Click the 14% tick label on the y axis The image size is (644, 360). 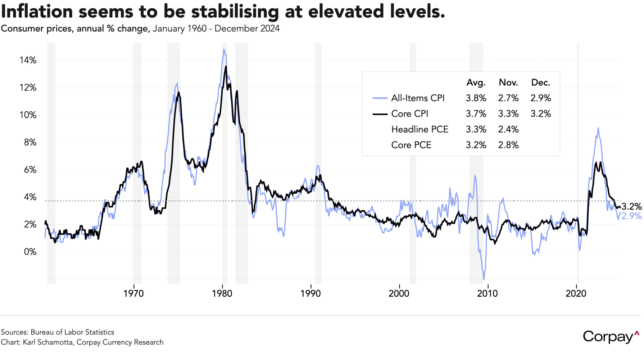pyautogui.click(x=28, y=60)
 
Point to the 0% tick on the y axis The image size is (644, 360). pyautogui.click(x=30, y=252)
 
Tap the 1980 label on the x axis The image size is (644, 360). pyautogui.click(x=222, y=293)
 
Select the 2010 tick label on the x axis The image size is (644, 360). pyautogui.click(x=487, y=293)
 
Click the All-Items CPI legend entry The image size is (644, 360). pyautogui.click(x=418, y=98)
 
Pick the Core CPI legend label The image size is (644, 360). pyautogui.click(x=410, y=114)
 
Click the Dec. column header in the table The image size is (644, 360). pyautogui.click(x=541, y=82)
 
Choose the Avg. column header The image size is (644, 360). pyautogui.click(x=476, y=82)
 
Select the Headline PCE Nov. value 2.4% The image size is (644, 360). pyautogui.click(x=508, y=129)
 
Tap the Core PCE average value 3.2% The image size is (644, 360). pyautogui.click(x=476, y=145)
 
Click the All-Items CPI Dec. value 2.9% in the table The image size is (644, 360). pyautogui.click(x=541, y=98)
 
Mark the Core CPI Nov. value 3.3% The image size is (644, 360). pyautogui.click(x=508, y=114)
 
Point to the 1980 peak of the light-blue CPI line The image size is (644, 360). pyautogui.click(x=224, y=49)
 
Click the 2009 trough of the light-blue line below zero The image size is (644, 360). pyautogui.click(x=484, y=279)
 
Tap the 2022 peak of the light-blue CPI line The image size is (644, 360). pyautogui.click(x=598, y=128)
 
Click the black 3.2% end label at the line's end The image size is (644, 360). pyautogui.click(x=631, y=207)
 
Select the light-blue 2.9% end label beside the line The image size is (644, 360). pyautogui.click(x=631, y=216)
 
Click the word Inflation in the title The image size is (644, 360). pyautogui.click(x=36, y=12)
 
